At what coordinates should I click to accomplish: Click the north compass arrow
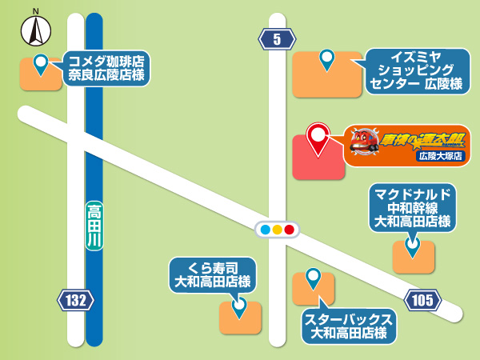tap(36, 30)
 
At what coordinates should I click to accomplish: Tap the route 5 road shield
tap(277, 38)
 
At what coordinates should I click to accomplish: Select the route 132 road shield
tap(76, 301)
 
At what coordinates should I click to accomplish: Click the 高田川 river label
tap(94, 226)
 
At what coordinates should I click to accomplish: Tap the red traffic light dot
tap(290, 230)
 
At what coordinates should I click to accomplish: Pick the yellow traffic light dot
tap(277, 230)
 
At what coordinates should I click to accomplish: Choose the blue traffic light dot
tap(265, 230)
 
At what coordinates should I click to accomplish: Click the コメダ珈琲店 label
tap(105, 68)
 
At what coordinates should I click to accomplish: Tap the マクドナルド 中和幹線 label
tap(412, 207)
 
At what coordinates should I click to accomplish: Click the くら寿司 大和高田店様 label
tap(214, 274)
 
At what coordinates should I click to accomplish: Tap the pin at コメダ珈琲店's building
tap(40, 62)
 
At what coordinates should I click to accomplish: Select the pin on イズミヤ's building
tap(326, 58)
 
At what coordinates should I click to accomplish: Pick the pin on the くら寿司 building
tap(238, 305)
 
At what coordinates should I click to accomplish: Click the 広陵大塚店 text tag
tap(441, 156)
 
